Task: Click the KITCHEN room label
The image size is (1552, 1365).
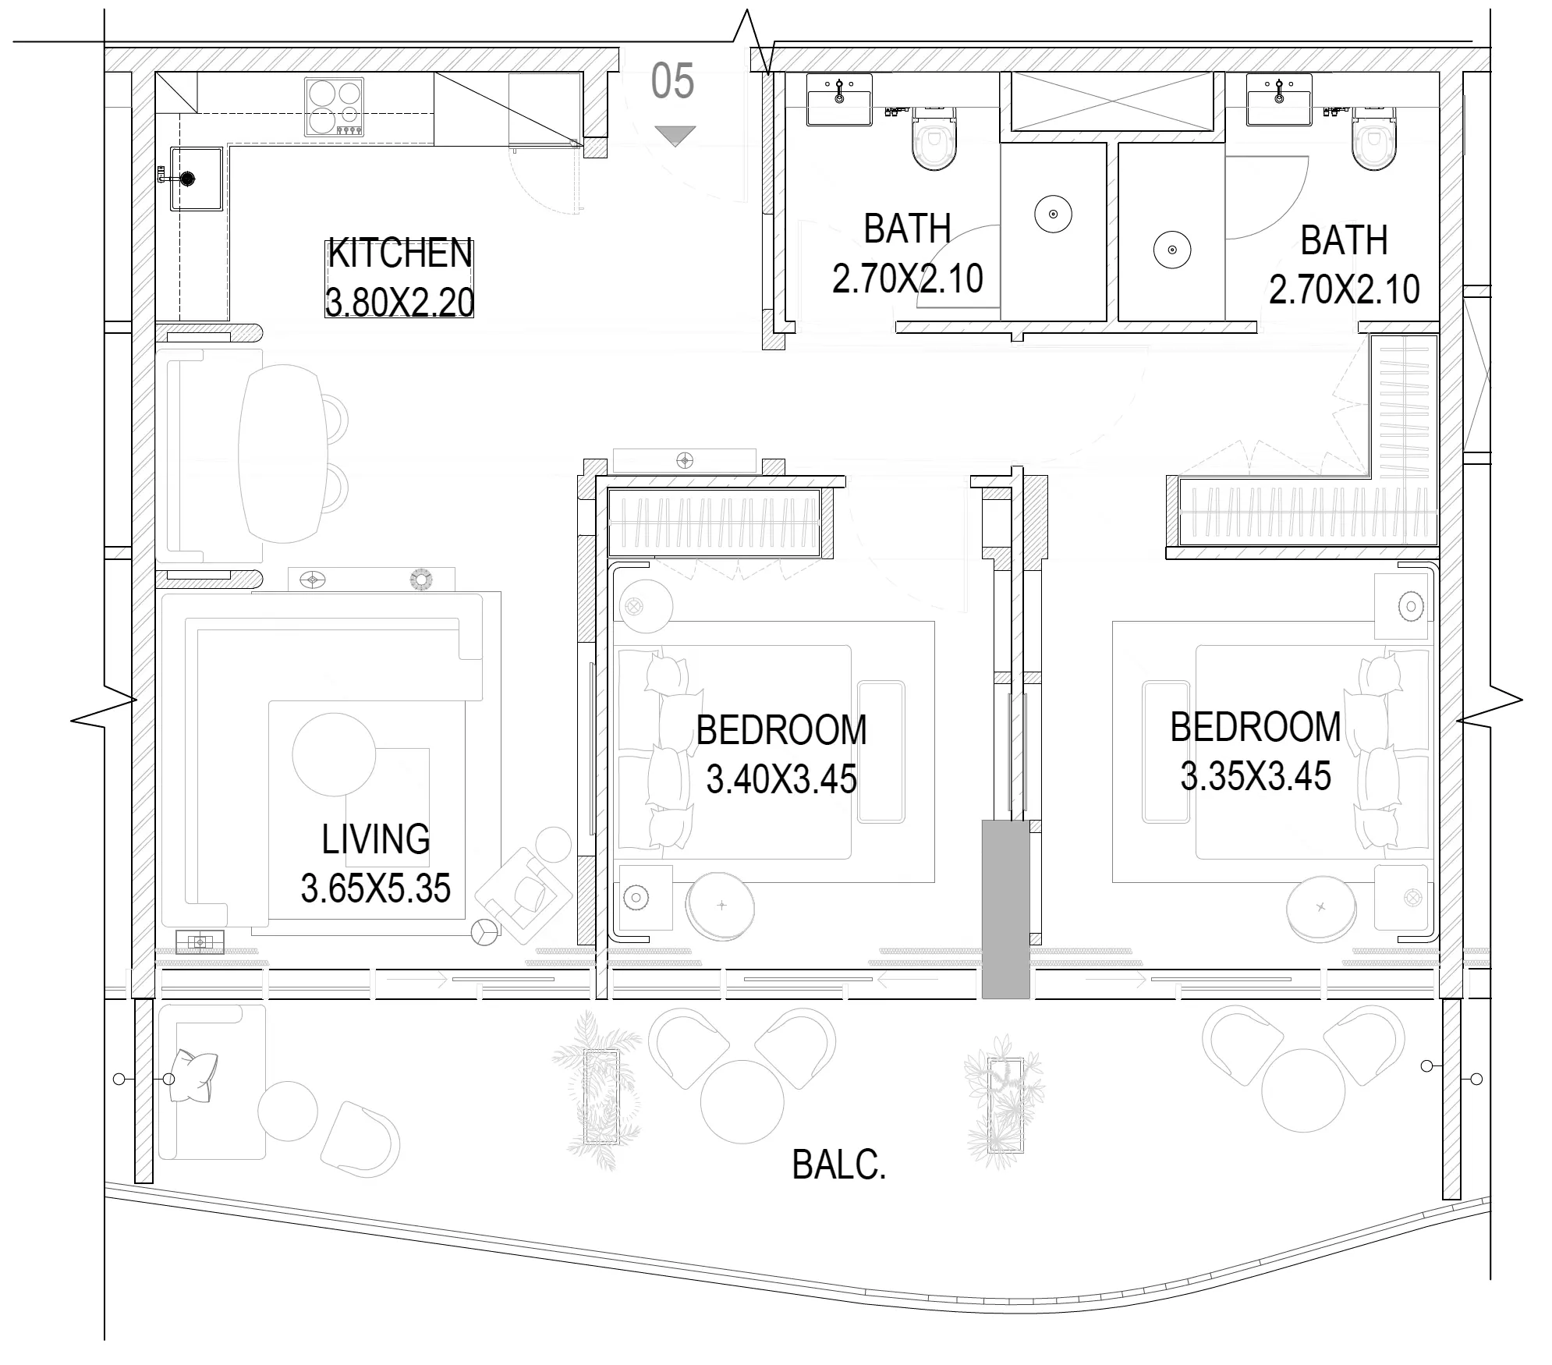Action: tap(400, 253)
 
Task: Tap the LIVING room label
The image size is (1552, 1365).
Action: tap(376, 839)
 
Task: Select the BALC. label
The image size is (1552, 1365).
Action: tap(839, 1166)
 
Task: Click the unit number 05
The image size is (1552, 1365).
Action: tap(672, 82)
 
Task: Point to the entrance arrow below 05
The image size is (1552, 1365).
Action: tap(675, 136)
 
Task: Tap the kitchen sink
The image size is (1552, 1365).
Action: tap(196, 179)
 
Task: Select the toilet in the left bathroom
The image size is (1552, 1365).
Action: tap(934, 139)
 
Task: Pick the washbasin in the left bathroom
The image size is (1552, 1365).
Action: tap(839, 100)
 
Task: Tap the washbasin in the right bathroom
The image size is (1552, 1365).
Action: tap(1279, 100)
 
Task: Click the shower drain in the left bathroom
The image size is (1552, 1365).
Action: tap(1054, 214)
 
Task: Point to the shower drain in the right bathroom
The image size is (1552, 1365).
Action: tap(1172, 250)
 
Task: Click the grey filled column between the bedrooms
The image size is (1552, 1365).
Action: tap(1005, 909)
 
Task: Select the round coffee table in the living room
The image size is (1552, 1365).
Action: tap(335, 754)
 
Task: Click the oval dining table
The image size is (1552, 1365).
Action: tap(282, 455)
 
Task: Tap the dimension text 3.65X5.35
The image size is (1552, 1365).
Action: tap(376, 888)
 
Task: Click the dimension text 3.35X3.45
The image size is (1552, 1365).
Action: tap(1256, 776)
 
